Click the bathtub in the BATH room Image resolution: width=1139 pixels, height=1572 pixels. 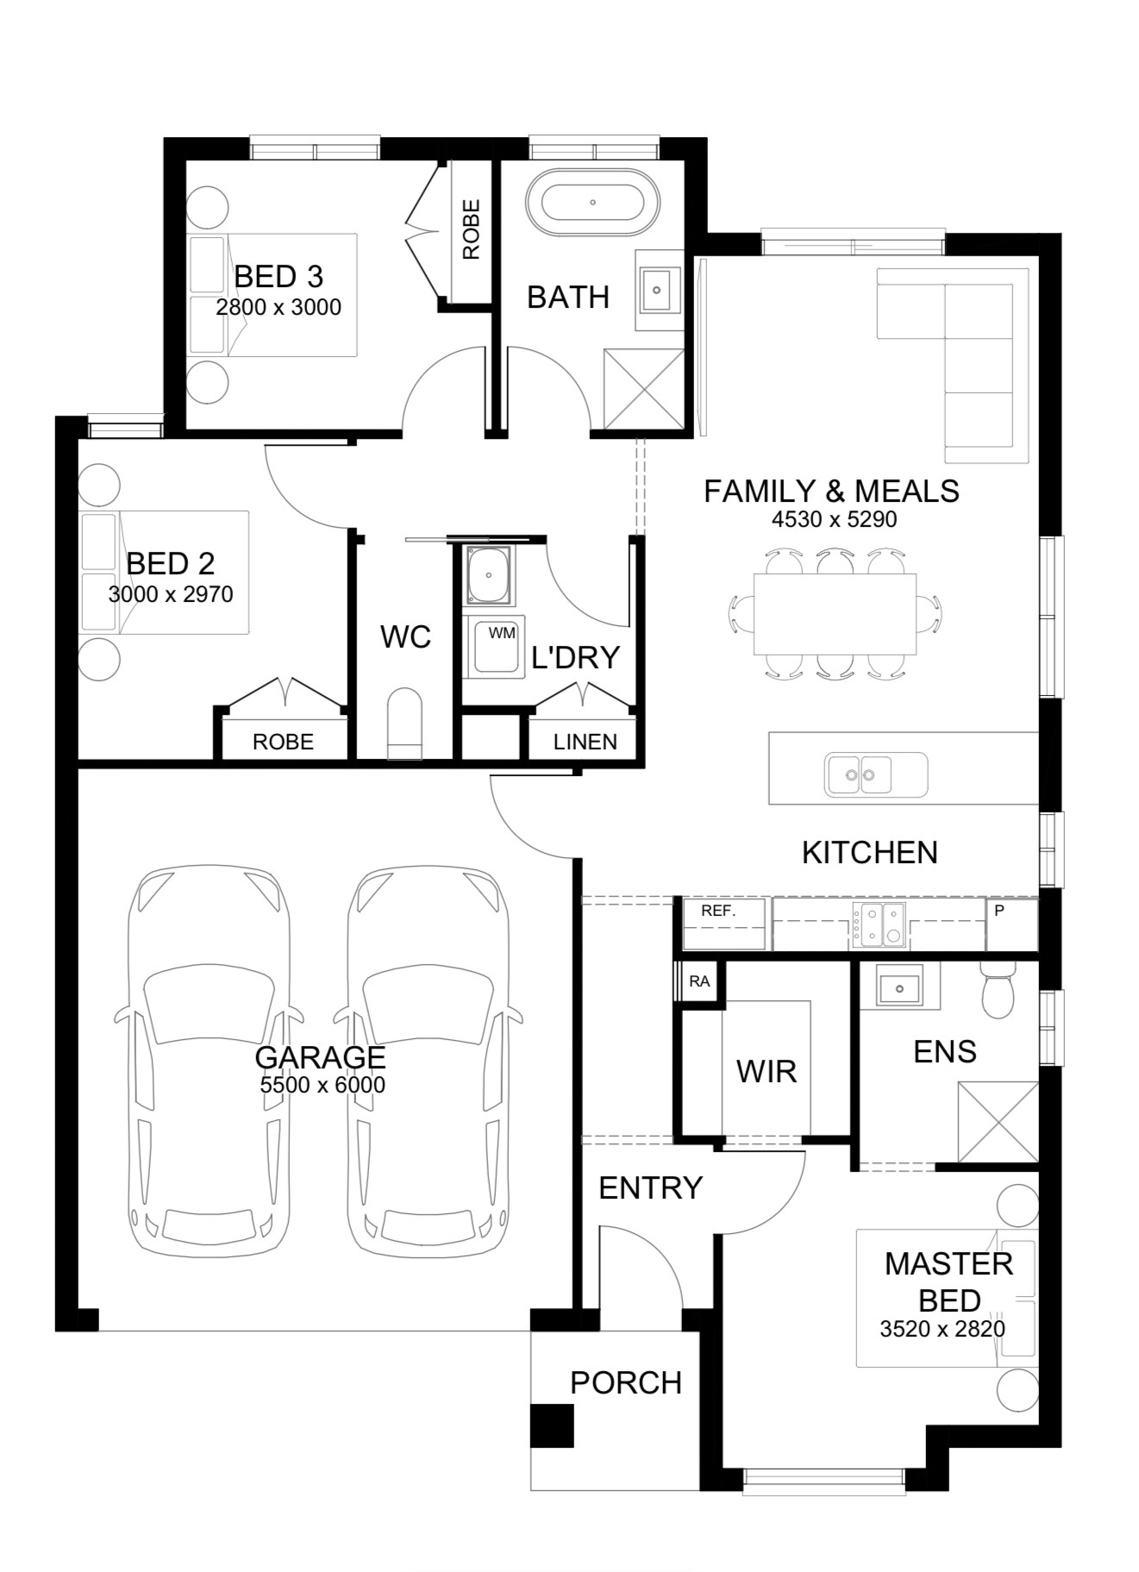tap(592, 203)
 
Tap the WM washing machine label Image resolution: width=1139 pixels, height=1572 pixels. tap(502, 633)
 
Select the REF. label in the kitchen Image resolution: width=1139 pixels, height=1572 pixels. tap(718, 911)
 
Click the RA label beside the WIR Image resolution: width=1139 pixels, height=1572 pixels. tap(699, 981)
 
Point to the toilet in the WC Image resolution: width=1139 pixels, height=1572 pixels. tap(405, 724)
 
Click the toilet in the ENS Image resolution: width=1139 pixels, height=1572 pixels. tap(998, 991)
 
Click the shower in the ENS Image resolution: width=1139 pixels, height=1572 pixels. tap(998, 1123)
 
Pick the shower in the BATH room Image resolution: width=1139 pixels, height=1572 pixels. tap(643, 389)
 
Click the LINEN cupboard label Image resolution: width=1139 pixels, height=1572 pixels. tap(585, 742)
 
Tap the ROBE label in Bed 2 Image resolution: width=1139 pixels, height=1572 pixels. tap(283, 742)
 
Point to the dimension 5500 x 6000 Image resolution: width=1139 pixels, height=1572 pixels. tap(322, 1085)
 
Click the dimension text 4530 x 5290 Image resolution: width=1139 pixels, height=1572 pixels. tap(834, 519)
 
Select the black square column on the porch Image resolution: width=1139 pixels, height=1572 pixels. tap(551, 1425)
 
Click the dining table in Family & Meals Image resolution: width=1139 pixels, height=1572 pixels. tap(835, 614)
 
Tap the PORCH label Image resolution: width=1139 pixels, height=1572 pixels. tap(626, 1382)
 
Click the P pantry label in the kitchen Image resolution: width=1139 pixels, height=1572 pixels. tap(999, 910)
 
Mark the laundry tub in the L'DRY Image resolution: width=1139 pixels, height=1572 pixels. tap(489, 575)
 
